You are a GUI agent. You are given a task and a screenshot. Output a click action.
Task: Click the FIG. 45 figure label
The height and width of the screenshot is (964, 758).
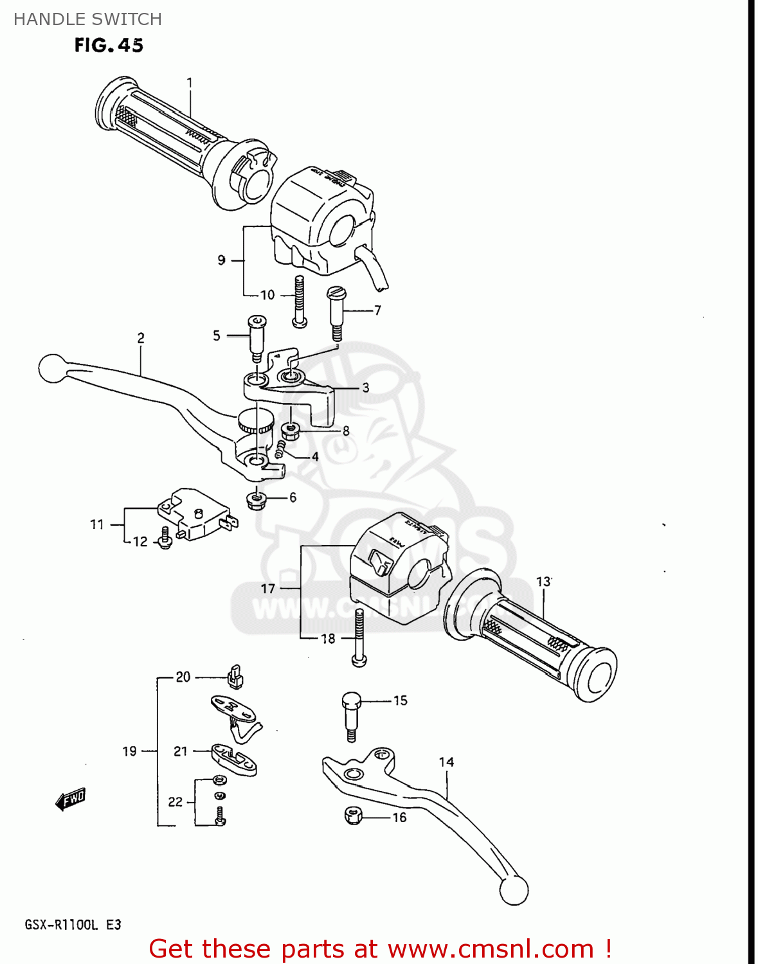(x=109, y=46)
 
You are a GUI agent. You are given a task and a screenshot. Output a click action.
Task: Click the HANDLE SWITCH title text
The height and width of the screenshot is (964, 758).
(x=87, y=19)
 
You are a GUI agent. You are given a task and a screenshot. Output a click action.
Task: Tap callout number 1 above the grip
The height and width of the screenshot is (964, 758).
(x=190, y=83)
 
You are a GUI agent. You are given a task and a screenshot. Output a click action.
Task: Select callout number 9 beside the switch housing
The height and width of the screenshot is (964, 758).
(x=221, y=260)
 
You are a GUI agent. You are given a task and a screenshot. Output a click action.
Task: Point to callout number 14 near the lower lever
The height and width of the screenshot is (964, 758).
(x=446, y=762)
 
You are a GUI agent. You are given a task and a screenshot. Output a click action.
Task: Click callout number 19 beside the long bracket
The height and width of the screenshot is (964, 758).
(x=129, y=751)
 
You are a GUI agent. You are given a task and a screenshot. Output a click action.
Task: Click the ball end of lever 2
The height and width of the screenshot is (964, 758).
(x=52, y=368)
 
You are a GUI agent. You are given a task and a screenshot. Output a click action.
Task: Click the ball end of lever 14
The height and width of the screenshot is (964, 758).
(x=514, y=890)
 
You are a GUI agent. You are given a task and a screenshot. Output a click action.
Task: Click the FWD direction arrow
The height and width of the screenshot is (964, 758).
(x=70, y=799)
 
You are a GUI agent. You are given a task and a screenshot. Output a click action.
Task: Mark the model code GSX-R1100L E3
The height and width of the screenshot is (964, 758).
(x=73, y=925)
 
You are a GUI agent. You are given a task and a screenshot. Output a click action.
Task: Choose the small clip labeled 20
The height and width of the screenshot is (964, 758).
(x=235, y=676)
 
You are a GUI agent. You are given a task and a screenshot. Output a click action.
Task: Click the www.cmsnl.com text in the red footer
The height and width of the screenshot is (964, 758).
(x=491, y=949)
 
